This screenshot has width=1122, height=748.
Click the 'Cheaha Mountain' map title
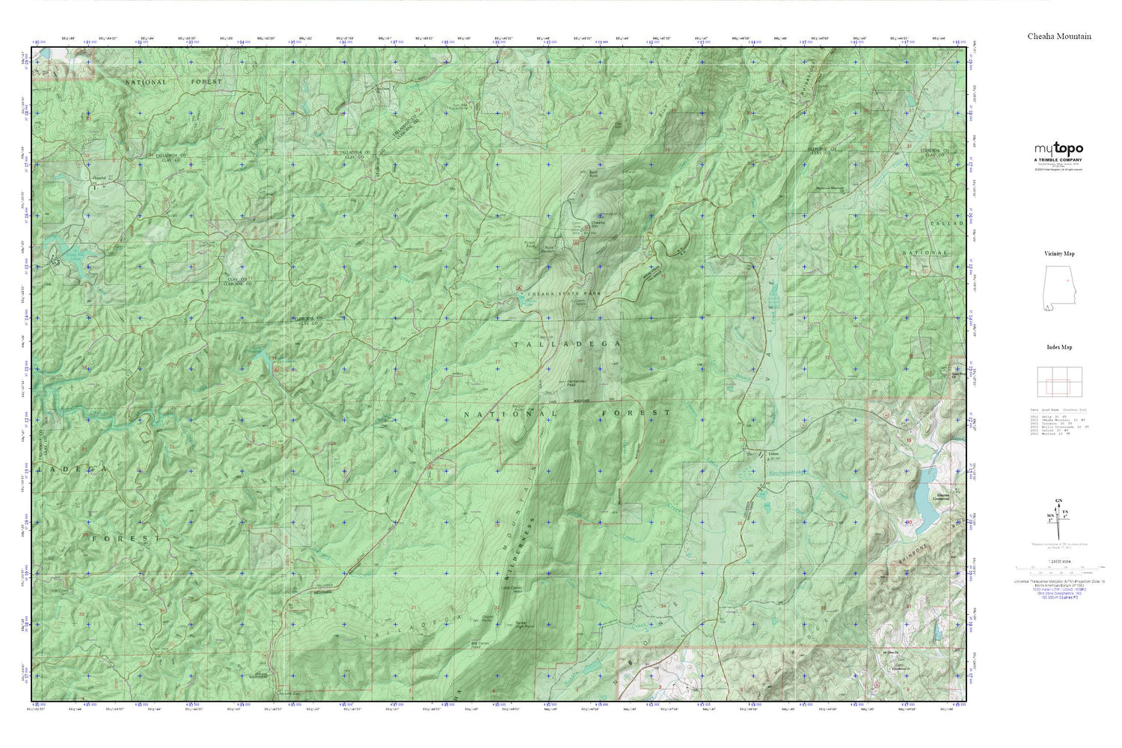tap(1058, 36)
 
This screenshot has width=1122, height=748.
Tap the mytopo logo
tap(1058, 149)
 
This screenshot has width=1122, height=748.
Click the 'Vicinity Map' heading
tap(1058, 254)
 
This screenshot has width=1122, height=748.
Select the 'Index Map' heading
tap(1058, 347)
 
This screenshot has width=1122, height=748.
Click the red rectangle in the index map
tap(1058, 386)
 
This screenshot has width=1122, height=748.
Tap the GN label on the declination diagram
tap(1058, 500)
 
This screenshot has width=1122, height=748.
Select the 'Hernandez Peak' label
tap(577, 383)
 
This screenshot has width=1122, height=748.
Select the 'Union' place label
tap(773, 454)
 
